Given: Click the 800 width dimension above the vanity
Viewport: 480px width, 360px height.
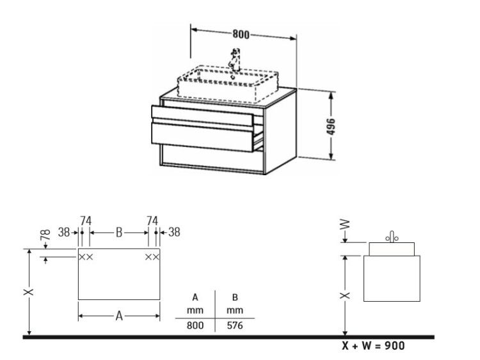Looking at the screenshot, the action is click(x=241, y=34).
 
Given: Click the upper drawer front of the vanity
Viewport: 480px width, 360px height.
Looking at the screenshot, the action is click(x=202, y=116).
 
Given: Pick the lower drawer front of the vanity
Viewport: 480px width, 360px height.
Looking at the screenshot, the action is click(x=202, y=137).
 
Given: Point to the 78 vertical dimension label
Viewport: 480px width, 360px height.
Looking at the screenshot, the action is click(x=45, y=235).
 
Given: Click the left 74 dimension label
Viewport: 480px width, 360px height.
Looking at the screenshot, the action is click(x=86, y=221).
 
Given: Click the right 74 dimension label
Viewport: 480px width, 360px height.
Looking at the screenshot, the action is click(x=152, y=221).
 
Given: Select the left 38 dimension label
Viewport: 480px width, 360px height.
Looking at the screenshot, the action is click(x=64, y=233).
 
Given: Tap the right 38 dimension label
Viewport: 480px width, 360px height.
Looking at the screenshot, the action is click(x=174, y=233).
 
